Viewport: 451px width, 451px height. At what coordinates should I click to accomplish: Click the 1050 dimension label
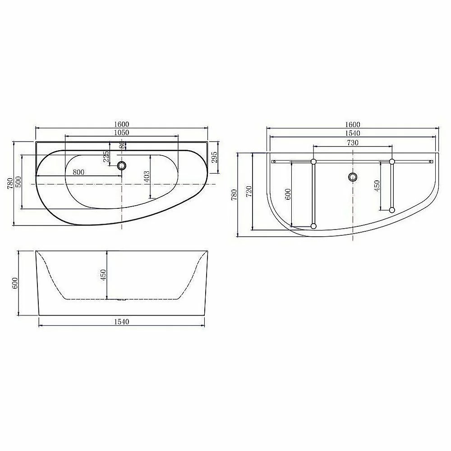(x=122, y=133)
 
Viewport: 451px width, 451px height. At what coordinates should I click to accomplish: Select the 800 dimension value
(x=78, y=172)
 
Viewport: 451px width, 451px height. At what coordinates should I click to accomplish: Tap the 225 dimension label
(x=106, y=157)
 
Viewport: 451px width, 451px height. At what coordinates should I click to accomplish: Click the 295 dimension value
(x=215, y=157)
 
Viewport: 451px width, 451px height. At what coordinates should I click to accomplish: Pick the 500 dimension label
(x=18, y=182)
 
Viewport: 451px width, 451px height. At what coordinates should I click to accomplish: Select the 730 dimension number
(x=353, y=143)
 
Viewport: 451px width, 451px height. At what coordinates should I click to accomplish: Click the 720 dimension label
(x=249, y=191)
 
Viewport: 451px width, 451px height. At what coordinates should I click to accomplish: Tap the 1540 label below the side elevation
(x=122, y=322)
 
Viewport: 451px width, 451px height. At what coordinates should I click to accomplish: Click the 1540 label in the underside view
(x=353, y=133)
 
